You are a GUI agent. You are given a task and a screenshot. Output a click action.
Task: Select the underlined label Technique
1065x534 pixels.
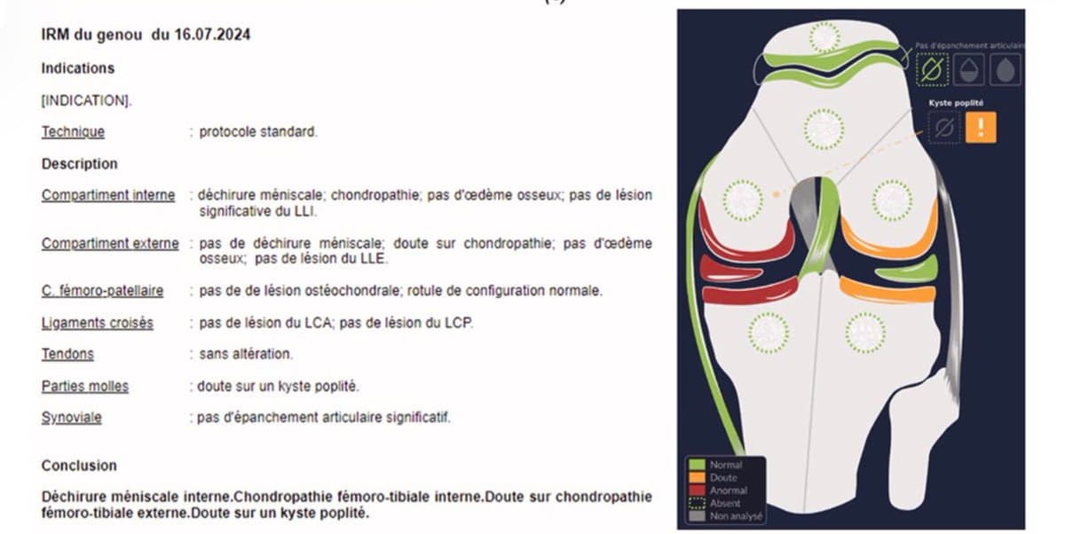coord(73,132)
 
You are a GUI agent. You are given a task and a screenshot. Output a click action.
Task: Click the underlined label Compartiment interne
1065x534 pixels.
coord(108,195)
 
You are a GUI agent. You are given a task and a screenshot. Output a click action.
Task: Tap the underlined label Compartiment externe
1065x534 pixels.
coord(110,243)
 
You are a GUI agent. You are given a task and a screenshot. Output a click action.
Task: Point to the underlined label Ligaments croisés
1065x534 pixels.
coord(97,323)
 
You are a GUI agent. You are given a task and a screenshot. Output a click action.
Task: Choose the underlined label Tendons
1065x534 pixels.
coord(67,354)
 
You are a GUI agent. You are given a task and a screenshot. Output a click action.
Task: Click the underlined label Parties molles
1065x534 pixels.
coord(85,386)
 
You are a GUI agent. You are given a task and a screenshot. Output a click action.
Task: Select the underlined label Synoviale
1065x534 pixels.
coord(72,417)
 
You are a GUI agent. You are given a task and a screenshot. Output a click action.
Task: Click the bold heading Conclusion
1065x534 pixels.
coord(79,466)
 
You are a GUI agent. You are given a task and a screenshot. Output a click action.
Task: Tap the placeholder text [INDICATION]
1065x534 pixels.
coord(87,101)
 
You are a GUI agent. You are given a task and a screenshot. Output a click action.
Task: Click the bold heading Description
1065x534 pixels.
coord(79,164)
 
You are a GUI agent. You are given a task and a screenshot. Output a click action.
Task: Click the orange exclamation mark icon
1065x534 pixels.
coord(981,128)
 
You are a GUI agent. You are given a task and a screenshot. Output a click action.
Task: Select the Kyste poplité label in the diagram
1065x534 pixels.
coord(955,103)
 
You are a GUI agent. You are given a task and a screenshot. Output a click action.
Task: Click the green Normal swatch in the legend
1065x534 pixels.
coord(698,465)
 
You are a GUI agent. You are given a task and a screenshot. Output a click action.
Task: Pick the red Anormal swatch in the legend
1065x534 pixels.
coord(698,490)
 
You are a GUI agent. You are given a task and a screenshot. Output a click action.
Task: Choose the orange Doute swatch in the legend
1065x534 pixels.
coord(698,477)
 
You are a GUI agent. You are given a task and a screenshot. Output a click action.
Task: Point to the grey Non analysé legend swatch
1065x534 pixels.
coord(698,515)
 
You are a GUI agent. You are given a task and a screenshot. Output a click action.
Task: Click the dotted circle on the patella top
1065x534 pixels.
coord(824,37)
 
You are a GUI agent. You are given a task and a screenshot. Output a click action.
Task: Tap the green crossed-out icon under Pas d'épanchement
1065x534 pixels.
coord(932,69)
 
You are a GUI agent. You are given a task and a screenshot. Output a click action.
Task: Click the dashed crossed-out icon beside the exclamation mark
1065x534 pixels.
coord(944,128)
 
